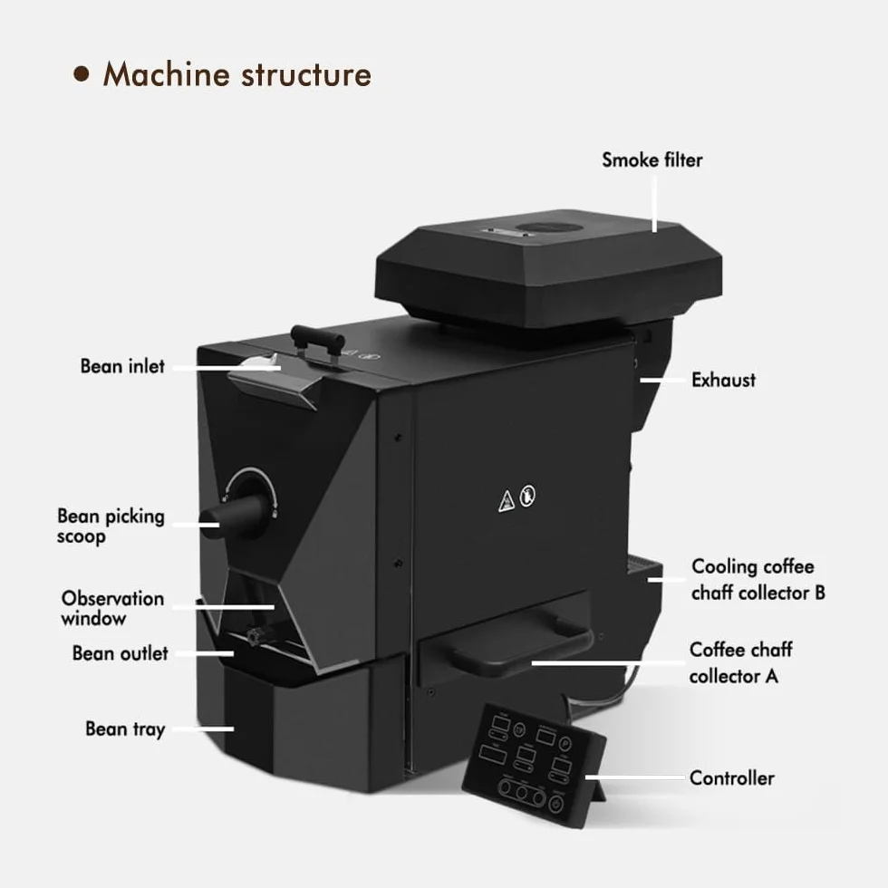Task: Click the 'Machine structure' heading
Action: click(236, 74)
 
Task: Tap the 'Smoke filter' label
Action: click(652, 160)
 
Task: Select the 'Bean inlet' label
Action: click(122, 366)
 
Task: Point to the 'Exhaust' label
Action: click(723, 380)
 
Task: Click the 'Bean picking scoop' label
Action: click(111, 526)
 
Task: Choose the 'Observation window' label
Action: click(112, 608)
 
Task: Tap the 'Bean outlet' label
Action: click(120, 653)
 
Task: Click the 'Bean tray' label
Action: click(125, 729)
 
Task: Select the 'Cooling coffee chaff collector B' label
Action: click(758, 579)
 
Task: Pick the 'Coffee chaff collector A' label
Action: click(741, 662)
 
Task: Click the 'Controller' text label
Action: click(732, 778)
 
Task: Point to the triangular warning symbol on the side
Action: click(507, 501)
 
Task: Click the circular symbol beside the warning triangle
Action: click(527, 497)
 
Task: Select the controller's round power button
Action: click(556, 805)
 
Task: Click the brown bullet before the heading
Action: click(82, 74)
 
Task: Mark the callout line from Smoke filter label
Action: click(654, 204)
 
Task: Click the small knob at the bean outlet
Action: click(254, 636)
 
